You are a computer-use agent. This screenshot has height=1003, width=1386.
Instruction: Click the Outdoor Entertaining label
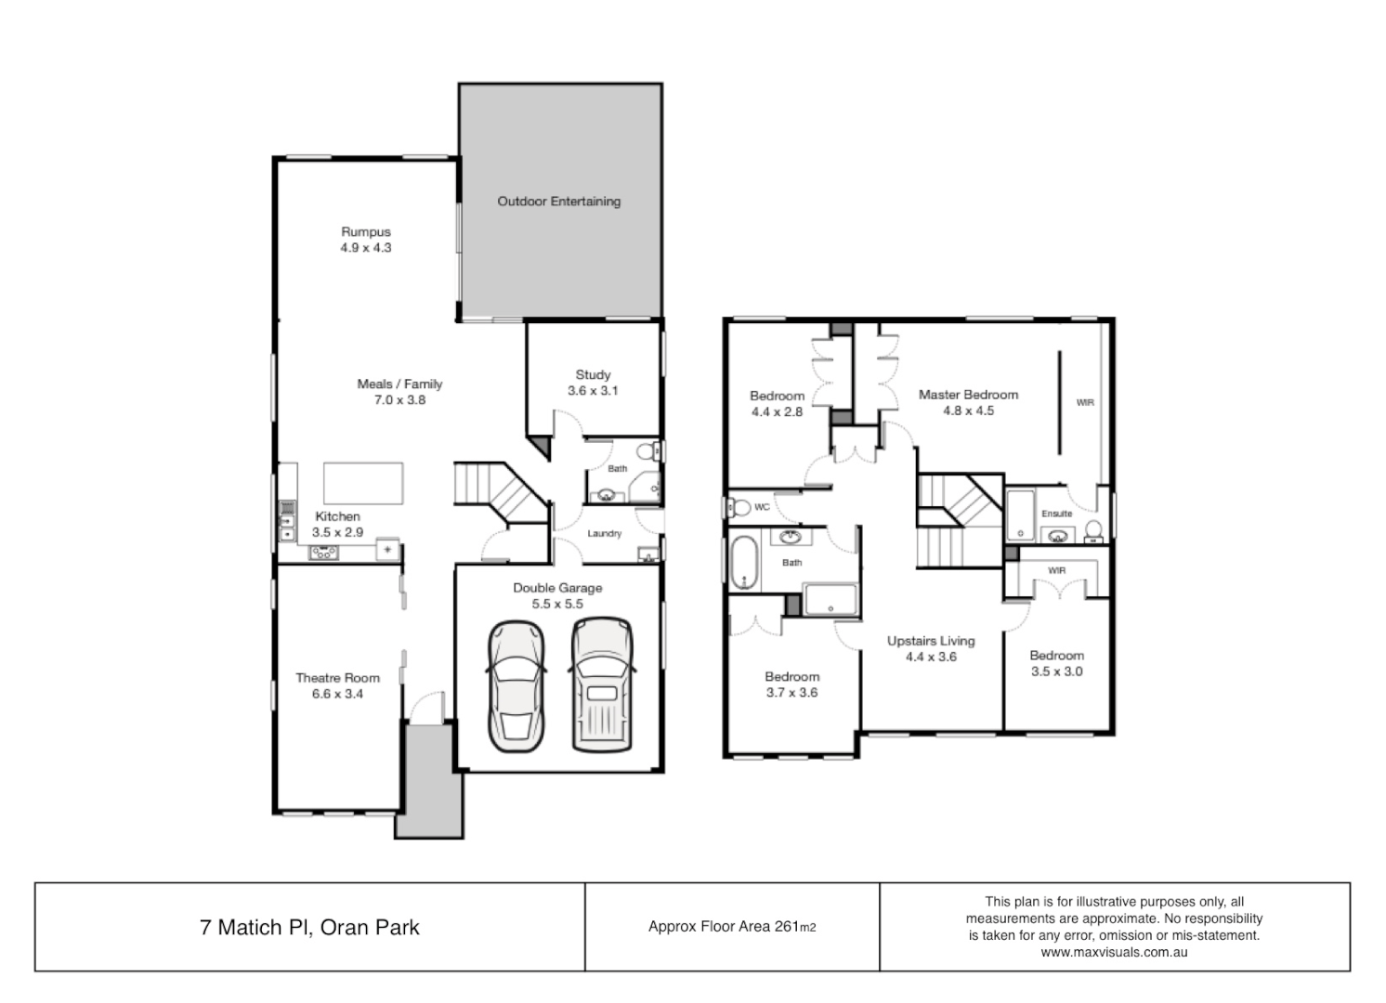click(558, 202)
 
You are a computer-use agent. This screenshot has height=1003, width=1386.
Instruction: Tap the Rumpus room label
click(365, 232)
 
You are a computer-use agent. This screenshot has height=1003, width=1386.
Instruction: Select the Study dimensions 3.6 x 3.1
click(593, 391)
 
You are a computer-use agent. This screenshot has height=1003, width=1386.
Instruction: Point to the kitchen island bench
click(363, 483)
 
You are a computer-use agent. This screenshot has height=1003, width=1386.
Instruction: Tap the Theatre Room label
click(337, 678)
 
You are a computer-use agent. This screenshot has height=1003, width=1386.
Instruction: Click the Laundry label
click(605, 534)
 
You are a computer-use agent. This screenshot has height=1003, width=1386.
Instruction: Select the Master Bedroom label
click(968, 395)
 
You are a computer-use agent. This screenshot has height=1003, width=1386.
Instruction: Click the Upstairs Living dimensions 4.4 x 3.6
click(931, 657)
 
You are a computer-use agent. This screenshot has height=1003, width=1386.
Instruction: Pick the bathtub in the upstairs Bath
click(745, 562)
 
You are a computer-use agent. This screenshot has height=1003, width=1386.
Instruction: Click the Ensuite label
click(1056, 514)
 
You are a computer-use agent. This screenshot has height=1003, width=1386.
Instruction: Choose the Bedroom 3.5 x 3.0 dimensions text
click(1056, 671)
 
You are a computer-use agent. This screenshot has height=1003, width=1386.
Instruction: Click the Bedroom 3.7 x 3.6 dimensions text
click(791, 693)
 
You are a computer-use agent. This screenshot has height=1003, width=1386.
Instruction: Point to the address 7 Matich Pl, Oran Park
click(309, 927)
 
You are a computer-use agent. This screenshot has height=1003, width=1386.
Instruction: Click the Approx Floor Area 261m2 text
click(732, 927)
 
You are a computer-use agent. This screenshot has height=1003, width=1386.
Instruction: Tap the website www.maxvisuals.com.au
click(1114, 952)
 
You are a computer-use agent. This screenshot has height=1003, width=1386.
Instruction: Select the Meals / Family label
click(399, 384)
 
